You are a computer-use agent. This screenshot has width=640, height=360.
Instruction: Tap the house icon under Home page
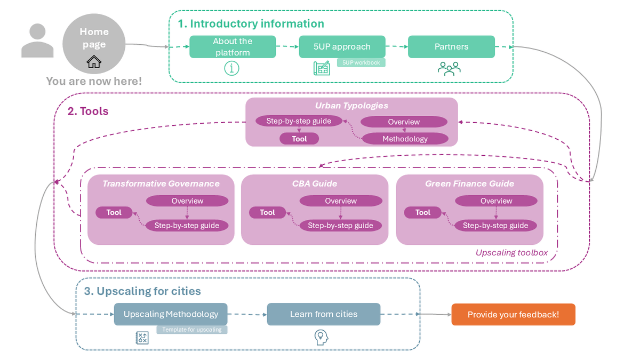(94, 62)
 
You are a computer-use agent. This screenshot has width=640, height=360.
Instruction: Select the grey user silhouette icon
(37, 41)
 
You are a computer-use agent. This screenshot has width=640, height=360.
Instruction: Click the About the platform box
(233, 47)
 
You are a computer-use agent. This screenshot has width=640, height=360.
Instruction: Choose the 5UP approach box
(342, 47)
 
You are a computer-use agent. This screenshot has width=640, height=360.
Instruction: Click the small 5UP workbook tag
(361, 62)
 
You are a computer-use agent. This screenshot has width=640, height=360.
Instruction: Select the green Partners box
(451, 47)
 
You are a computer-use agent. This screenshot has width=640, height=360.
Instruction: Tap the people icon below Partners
(449, 69)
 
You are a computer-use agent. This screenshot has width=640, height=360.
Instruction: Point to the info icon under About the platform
(232, 69)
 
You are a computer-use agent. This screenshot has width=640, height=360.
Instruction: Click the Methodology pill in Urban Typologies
(405, 139)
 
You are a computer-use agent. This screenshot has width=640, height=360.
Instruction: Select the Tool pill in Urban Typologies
(299, 139)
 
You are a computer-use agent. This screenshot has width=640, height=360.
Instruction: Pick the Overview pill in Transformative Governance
(187, 201)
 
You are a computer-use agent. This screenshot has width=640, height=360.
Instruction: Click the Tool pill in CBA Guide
(267, 212)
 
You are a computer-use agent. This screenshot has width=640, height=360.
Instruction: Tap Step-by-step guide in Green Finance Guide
(495, 226)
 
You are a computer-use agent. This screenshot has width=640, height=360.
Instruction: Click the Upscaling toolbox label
(511, 253)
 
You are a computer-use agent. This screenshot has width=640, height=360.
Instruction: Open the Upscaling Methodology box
(171, 314)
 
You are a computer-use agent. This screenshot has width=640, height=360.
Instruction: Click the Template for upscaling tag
(192, 330)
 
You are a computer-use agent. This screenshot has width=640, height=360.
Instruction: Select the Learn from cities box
(324, 314)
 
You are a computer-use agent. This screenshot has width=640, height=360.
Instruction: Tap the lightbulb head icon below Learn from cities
(321, 337)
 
